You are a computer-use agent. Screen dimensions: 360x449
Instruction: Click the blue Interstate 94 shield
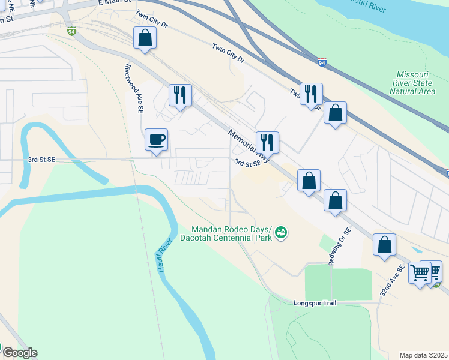click(322, 62)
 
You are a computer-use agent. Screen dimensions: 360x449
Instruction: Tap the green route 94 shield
click(71, 32)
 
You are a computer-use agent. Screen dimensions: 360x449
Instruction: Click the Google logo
click(19, 353)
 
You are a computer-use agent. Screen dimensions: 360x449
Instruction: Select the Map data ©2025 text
click(424, 355)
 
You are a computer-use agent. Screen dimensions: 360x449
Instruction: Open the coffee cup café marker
click(156, 140)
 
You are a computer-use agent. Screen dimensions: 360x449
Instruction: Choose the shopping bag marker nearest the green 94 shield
click(145, 38)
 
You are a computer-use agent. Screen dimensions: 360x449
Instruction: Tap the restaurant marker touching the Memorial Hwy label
click(267, 143)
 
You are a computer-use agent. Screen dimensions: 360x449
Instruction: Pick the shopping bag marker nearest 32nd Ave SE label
click(384, 245)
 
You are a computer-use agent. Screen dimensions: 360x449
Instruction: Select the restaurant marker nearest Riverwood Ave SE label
click(180, 95)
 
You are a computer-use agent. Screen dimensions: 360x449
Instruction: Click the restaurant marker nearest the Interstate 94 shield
click(311, 94)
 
